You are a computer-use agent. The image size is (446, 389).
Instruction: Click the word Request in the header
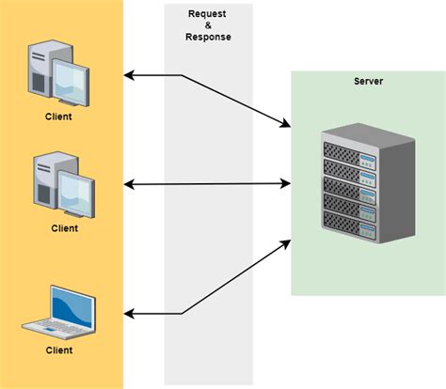pyautogui.click(x=208, y=13)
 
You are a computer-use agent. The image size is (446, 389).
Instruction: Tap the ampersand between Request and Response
pyautogui.click(x=208, y=25)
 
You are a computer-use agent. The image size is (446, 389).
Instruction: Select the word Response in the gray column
pyautogui.click(x=208, y=38)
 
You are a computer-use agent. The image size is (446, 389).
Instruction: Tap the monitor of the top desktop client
pyautogui.click(x=72, y=81)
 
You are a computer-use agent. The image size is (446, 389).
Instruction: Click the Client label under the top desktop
pyautogui.click(x=58, y=117)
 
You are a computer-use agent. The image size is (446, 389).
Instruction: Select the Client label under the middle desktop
pyautogui.click(x=65, y=227)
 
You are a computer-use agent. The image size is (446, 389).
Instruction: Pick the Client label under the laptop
pyautogui.click(x=58, y=350)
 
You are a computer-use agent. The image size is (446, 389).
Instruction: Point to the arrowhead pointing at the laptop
pyautogui.click(x=130, y=313)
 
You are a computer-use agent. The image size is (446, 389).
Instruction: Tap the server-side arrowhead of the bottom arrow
pyautogui.click(x=286, y=242)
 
